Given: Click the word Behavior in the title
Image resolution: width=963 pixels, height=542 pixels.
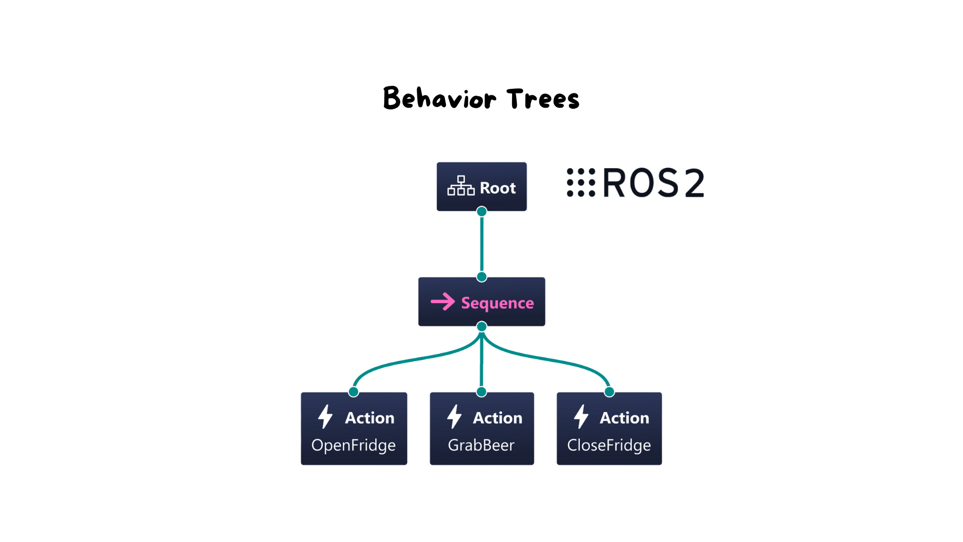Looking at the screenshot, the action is pyautogui.click(x=440, y=98).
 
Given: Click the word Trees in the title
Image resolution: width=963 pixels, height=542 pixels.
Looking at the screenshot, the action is pyautogui.click(x=543, y=98).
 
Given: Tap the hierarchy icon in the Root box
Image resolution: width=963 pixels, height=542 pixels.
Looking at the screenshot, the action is pyautogui.click(x=461, y=186).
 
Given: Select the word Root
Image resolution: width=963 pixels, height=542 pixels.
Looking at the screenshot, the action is pyautogui.click(x=498, y=188).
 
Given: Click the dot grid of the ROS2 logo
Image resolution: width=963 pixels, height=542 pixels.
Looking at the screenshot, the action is pyautogui.click(x=581, y=183).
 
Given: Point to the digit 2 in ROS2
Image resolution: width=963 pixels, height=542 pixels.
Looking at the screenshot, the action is pyautogui.click(x=695, y=183).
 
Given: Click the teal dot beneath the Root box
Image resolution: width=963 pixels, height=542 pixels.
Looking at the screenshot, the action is pyautogui.click(x=481, y=211).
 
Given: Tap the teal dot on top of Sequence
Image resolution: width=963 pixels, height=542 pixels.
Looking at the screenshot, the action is pyautogui.click(x=481, y=277).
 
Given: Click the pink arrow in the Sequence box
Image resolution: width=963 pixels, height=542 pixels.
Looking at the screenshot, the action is pyautogui.click(x=443, y=302).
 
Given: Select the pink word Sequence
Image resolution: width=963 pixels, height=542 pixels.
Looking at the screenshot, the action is pyautogui.click(x=498, y=303).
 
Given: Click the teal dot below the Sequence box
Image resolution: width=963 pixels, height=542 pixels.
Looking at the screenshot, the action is pyautogui.click(x=481, y=326).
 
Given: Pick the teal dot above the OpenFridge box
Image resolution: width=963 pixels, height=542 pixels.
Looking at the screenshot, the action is pyautogui.click(x=354, y=391).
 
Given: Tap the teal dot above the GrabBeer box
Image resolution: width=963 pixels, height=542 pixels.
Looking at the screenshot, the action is pyautogui.click(x=481, y=391).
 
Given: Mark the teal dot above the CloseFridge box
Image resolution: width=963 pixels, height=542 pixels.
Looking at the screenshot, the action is pyautogui.click(x=609, y=391).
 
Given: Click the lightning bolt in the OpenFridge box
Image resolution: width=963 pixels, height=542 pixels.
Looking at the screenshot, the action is pyautogui.click(x=326, y=417).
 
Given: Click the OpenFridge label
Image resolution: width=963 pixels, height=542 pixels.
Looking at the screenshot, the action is pyautogui.click(x=354, y=446).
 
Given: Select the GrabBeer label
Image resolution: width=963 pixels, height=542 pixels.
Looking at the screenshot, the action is pyautogui.click(x=481, y=445).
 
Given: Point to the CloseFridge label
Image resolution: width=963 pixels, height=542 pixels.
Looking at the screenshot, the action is pyautogui.click(x=609, y=445).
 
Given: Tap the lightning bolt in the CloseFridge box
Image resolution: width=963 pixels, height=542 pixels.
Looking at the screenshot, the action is pyautogui.click(x=581, y=417).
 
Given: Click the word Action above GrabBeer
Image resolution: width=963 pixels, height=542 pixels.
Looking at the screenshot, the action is pyautogui.click(x=498, y=418).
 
